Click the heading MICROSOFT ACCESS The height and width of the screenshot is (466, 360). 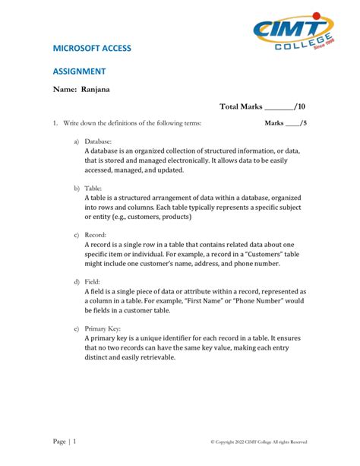click(x=92, y=48)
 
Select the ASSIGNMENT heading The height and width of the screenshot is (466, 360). click(x=79, y=71)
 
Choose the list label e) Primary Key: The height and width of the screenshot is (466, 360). click(x=98, y=328)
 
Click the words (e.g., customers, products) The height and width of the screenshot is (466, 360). click(x=170, y=217)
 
